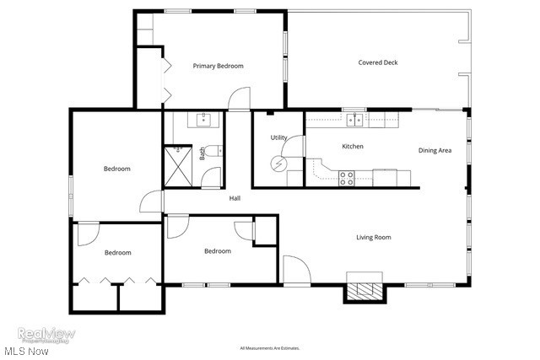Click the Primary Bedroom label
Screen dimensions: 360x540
(218, 66)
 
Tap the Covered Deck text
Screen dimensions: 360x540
(377, 62)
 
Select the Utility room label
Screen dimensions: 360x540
(278, 137)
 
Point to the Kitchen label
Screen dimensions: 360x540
(352, 147)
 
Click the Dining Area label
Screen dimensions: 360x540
(435, 151)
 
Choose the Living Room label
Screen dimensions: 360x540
(373, 238)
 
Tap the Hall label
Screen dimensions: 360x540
(235, 198)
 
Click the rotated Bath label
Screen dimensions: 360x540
(202, 153)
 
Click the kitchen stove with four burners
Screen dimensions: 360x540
(346, 178)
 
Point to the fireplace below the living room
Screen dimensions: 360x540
(364, 292)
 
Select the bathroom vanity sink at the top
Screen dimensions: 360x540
(203, 120)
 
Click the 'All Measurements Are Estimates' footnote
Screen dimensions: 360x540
(269, 347)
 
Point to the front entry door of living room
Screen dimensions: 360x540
(296, 271)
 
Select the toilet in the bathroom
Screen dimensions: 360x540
(215, 151)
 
